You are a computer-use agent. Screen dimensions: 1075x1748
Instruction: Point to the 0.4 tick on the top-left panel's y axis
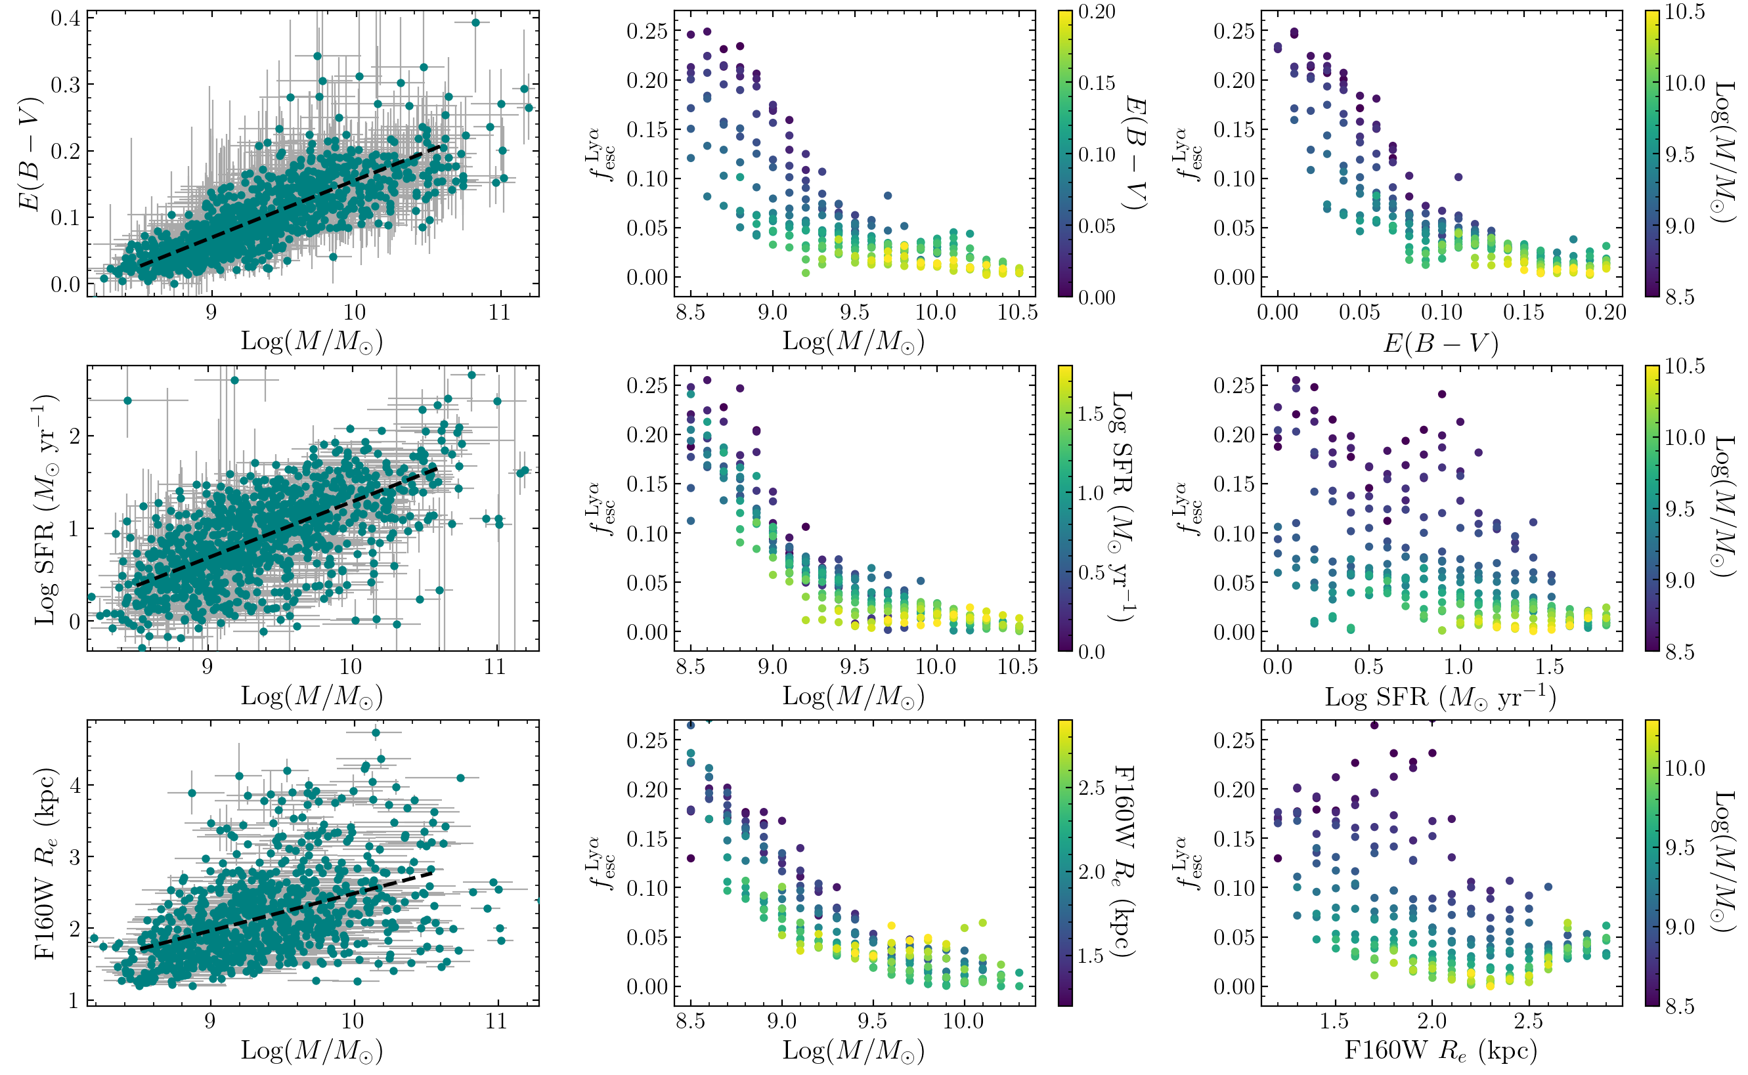pos(66,18)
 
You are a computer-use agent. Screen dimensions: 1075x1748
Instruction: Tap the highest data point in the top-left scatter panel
pos(476,23)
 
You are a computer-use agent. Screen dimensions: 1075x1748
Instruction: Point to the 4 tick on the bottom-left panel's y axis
pos(74,786)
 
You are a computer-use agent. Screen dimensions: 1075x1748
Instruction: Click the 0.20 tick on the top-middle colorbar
pos(1097,12)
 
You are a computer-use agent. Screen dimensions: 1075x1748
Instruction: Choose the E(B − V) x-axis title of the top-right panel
pos(1441,343)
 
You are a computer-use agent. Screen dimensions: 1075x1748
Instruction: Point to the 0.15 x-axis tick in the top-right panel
pos(1523,313)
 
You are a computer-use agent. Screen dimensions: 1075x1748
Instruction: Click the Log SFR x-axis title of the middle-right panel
pos(1441,698)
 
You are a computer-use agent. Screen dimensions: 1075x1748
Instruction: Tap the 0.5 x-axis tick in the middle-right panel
pos(1368,667)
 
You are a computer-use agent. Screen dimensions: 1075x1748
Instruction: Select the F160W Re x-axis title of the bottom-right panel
pos(1441,1050)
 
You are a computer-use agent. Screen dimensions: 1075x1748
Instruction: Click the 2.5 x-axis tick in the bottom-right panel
pos(1528,1022)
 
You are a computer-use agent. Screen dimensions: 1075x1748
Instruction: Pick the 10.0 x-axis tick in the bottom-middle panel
pos(963,1022)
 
